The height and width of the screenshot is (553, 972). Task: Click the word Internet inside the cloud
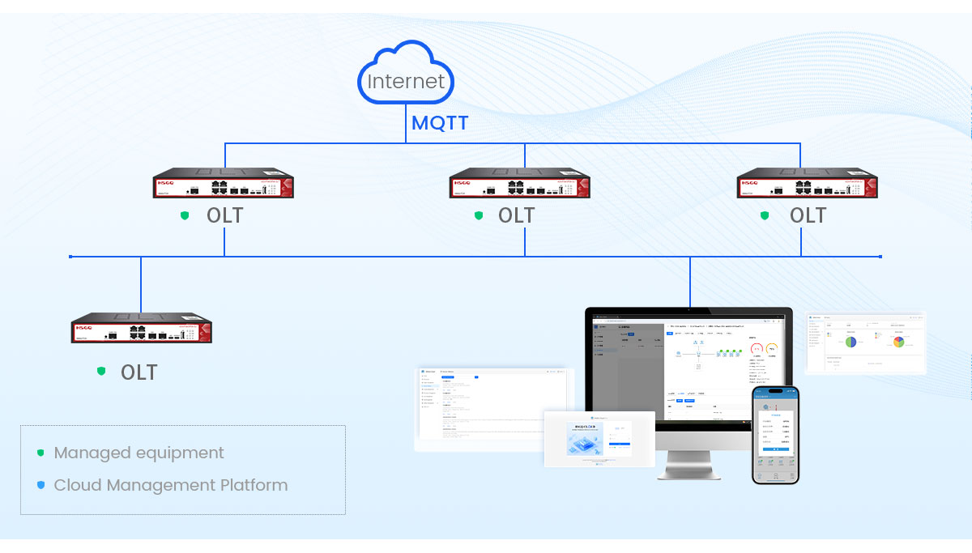tap(406, 82)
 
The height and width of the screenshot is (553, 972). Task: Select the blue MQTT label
tap(440, 124)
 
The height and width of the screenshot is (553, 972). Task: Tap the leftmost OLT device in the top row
tap(224, 185)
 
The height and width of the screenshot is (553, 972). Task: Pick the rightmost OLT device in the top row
tap(807, 185)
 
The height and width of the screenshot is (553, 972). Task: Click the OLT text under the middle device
tap(516, 215)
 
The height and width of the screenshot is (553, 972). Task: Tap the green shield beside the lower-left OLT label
tap(101, 371)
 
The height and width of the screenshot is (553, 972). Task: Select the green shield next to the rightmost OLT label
tap(765, 215)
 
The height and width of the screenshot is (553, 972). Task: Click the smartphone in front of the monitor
tap(775, 435)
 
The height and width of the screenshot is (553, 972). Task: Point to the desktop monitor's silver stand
tap(688, 464)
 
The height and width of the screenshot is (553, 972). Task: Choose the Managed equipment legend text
tap(139, 453)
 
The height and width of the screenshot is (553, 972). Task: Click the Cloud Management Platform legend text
tap(170, 485)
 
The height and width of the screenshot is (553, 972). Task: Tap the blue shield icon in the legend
tap(40, 485)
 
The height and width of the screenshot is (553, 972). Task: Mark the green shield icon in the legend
tap(40, 453)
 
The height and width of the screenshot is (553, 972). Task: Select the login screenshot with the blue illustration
tap(599, 439)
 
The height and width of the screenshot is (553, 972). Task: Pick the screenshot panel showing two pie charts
tap(866, 342)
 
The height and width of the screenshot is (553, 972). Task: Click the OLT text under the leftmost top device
tap(224, 215)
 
